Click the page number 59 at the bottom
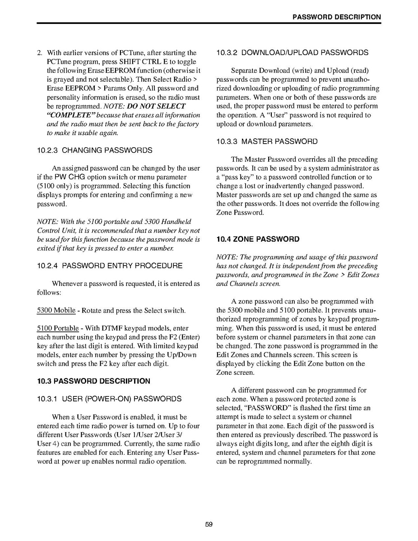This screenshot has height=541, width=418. pyautogui.click(x=209, y=524)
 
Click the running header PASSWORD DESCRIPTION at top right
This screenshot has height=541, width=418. pyautogui.click(x=336, y=17)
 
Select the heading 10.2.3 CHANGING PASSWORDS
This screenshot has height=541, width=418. pyautogui.click(x=94, y=150)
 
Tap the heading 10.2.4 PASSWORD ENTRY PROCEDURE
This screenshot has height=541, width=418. pyautogui.click(x=110, y=266)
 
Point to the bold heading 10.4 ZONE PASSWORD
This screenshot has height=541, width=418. pyautogui.click(x=258, y=239)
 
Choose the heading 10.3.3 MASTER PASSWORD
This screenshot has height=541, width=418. pyautogui.click(x=267, y=141)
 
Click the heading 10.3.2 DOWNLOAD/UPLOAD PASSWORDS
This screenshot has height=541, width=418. pyautogui.click(x=292, y=52)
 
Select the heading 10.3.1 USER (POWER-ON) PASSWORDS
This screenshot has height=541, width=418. pyautogui.click(x=109, y=399)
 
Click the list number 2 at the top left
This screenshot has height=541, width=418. pyautogui.click(x=39, y=53)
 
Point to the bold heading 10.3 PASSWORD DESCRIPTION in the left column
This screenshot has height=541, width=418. pyautogui.click(x=93, y=381)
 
